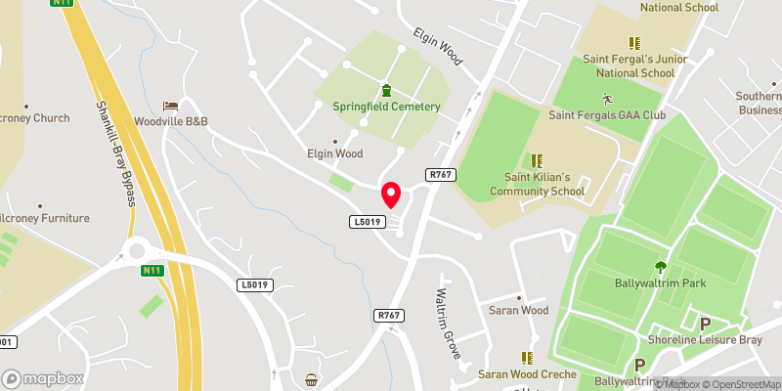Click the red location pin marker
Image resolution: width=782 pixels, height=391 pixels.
pos(391,195)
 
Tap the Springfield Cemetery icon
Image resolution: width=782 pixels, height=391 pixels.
pos(385,90)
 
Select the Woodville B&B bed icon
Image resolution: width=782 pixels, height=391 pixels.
pos(171,105)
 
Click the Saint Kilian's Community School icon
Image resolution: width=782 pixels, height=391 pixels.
pos(536,159)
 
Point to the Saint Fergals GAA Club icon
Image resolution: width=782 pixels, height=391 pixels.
pos(607,98)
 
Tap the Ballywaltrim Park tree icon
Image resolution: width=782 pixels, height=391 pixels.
pos(661,266)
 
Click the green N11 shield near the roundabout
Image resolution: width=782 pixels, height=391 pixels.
pos(152,271)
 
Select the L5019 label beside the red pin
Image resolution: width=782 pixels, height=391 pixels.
pos(365,223)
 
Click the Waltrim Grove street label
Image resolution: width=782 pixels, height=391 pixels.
pos(453,323)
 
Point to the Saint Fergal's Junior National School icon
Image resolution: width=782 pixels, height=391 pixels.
pos(634,43)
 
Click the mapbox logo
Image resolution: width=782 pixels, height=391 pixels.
pos(42,378)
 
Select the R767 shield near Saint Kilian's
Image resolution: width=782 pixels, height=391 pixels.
pos(441,174)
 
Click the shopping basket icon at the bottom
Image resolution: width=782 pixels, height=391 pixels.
pos(312,379)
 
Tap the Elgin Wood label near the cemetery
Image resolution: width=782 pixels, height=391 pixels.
pos(335,153)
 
